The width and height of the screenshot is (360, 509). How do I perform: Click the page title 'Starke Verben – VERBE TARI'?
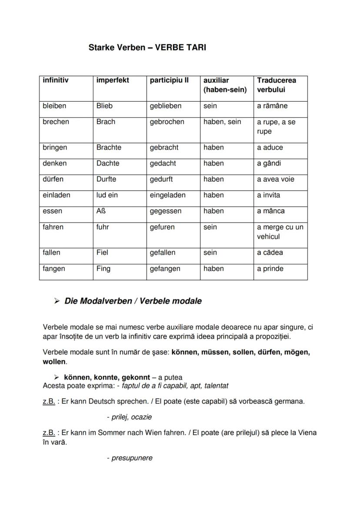[x=147, y=47]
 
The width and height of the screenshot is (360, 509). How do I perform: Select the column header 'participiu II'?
[x=169, y=80]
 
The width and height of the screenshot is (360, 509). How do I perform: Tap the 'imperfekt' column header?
[x=113, y=80]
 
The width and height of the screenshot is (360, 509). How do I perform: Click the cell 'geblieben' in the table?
[x=166, y=106]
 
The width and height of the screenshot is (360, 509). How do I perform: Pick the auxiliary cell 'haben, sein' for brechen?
[x=222, y=122]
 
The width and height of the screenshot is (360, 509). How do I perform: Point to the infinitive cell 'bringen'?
[x=55, y=148]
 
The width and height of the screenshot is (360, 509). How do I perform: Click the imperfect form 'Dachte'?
[x=108, y=163]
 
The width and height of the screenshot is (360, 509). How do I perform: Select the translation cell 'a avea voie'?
[x=275, y=180]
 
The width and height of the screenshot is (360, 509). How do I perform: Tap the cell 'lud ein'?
[x=107, y=195]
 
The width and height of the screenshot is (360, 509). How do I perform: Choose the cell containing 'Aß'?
[x=101, y=211]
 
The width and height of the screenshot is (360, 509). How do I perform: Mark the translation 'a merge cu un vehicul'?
[x=280, y=232]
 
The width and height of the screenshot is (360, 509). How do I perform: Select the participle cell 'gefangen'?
[x=165, y=269]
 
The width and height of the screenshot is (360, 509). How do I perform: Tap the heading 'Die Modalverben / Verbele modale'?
[x=133, y=301]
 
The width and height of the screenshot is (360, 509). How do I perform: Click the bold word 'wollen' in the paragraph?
[x=54, y=362]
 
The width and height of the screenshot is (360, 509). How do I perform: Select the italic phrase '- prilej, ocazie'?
[x=129, y=417]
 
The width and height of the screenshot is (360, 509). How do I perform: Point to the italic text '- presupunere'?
[x=130, y=458]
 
